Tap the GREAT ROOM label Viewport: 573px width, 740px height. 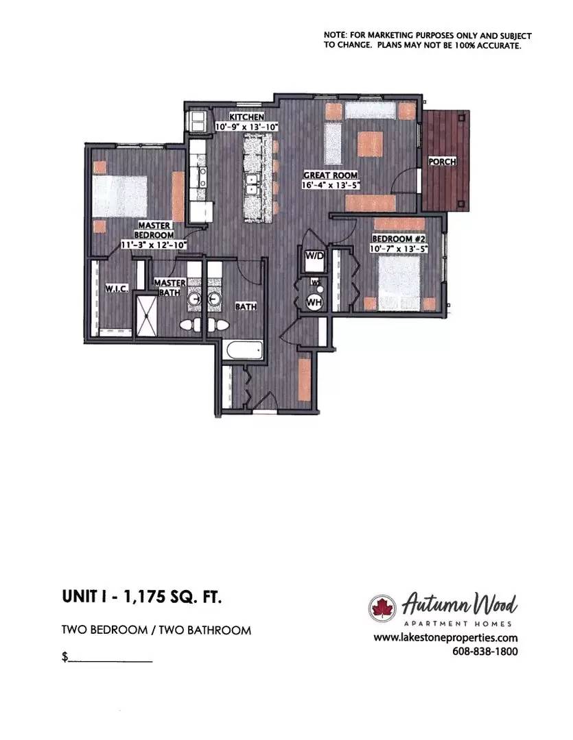coord(331,175)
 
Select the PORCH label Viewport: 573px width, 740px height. coord(442,162)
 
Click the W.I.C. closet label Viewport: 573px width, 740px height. coord(117,289)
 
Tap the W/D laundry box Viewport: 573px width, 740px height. coord(314,257)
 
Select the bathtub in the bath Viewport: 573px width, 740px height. coord(243,351)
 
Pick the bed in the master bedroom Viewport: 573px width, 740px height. coord(121,196)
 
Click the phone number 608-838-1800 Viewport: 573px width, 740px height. coord(484,652)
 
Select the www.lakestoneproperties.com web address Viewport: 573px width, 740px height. coord(445,638)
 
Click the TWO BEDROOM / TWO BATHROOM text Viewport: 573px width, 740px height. coord(156,630)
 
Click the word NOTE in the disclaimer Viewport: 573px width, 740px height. coord(336,36)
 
